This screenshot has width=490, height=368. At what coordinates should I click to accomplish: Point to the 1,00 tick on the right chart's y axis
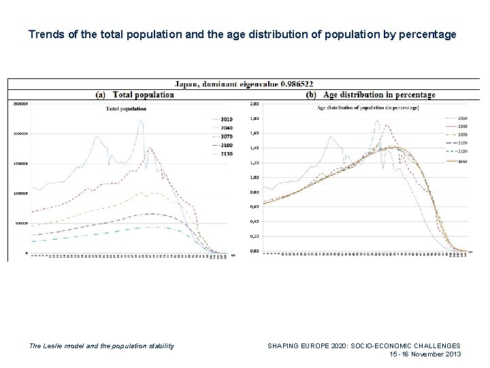pyautogui.click(x=255, y=177)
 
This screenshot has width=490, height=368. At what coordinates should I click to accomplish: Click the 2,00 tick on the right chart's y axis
pyautogui.click(x=255, y=104)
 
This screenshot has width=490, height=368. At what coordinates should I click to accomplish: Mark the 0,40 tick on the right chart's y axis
pyautogui.click(x=255, y=221)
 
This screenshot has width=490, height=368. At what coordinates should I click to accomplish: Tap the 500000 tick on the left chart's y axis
pyautogui.click(x=18, y=223)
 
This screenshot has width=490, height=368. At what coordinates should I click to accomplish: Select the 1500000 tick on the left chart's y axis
pyautogui.click(x=18, y=164)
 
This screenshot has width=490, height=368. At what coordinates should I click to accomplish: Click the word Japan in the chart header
pyautogui.click(x=186, y=84)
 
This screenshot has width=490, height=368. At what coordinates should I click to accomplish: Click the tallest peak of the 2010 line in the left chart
pyautogui.click(x=141, y=121)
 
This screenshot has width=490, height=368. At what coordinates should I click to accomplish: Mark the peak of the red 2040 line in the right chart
pyautogui.click(x=387, y=125)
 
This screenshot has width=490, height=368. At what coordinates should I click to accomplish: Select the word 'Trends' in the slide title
pyautogui.click(x=46, y=32)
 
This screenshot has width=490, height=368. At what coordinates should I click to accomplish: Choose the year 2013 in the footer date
pyautogui.click(x=451, y=354)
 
